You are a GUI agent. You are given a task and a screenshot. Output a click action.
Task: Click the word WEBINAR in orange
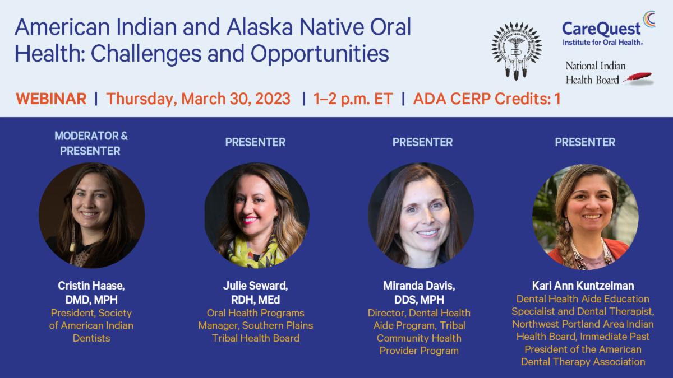pyautogui.click(x=51, y=99)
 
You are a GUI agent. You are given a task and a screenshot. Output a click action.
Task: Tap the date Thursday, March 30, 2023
pyautogui.click(x=199, y=99)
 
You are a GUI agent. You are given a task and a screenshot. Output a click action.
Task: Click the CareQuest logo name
pyautogui.click(x=601, y=28)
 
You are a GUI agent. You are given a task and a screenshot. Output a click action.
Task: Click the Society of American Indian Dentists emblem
pyautogui.click(x=517, y=51)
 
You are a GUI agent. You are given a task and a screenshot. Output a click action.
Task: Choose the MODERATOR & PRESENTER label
pyautogui.click(x=91, y=143)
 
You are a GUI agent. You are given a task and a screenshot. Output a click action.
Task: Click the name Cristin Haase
pyautogui.click(x=91, y=284)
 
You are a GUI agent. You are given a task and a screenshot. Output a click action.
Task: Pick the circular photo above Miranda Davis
pyautogui.click(x=421, y=216)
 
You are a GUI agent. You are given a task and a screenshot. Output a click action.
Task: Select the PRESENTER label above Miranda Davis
pyautogui.click(x=422, y=142)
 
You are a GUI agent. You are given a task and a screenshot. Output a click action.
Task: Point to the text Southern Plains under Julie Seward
pyautogui.click(x=283, y=325)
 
